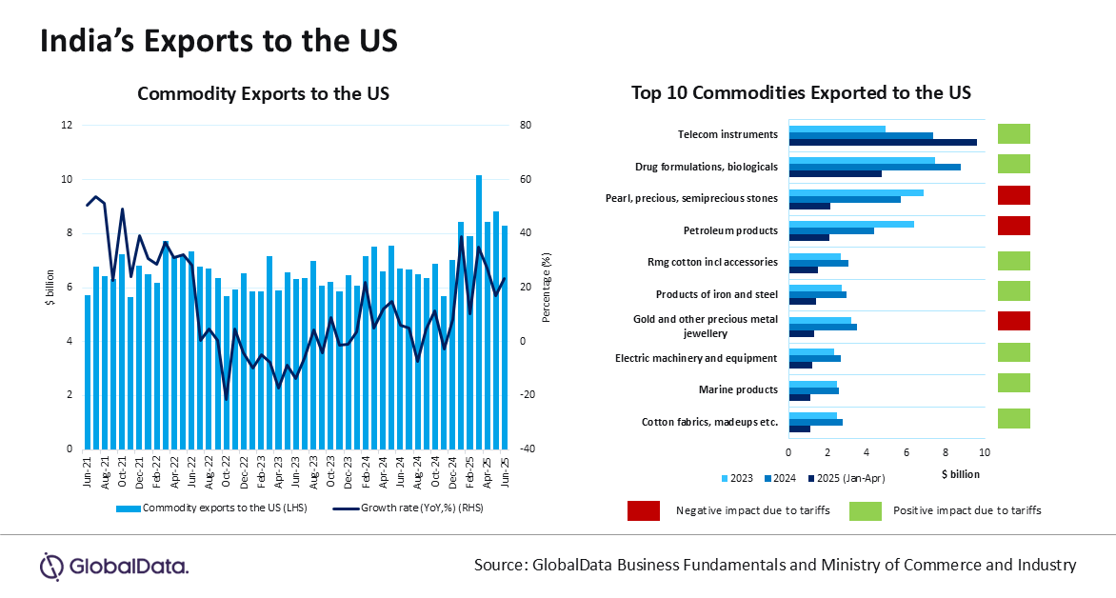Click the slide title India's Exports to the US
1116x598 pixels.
(218, 42)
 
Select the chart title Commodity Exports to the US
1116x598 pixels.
(264, 93)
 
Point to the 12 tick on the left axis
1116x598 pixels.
(67, 125)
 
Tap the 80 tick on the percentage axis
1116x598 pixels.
(551, 125)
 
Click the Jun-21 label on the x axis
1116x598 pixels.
(89, 469)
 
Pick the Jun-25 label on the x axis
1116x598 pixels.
(505, 469)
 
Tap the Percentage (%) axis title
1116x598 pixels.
(547, 287)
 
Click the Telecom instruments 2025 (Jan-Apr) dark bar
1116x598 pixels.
(883, 142)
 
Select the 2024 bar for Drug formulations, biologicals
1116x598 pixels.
(874, 167)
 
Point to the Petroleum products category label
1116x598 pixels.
(730, 230)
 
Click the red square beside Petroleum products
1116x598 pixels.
(1013, 226)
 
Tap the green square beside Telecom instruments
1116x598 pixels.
(1013, 133)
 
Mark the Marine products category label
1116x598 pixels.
(738, 389)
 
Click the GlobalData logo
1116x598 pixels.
(113, 566)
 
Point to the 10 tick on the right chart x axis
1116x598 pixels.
(985, 453)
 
